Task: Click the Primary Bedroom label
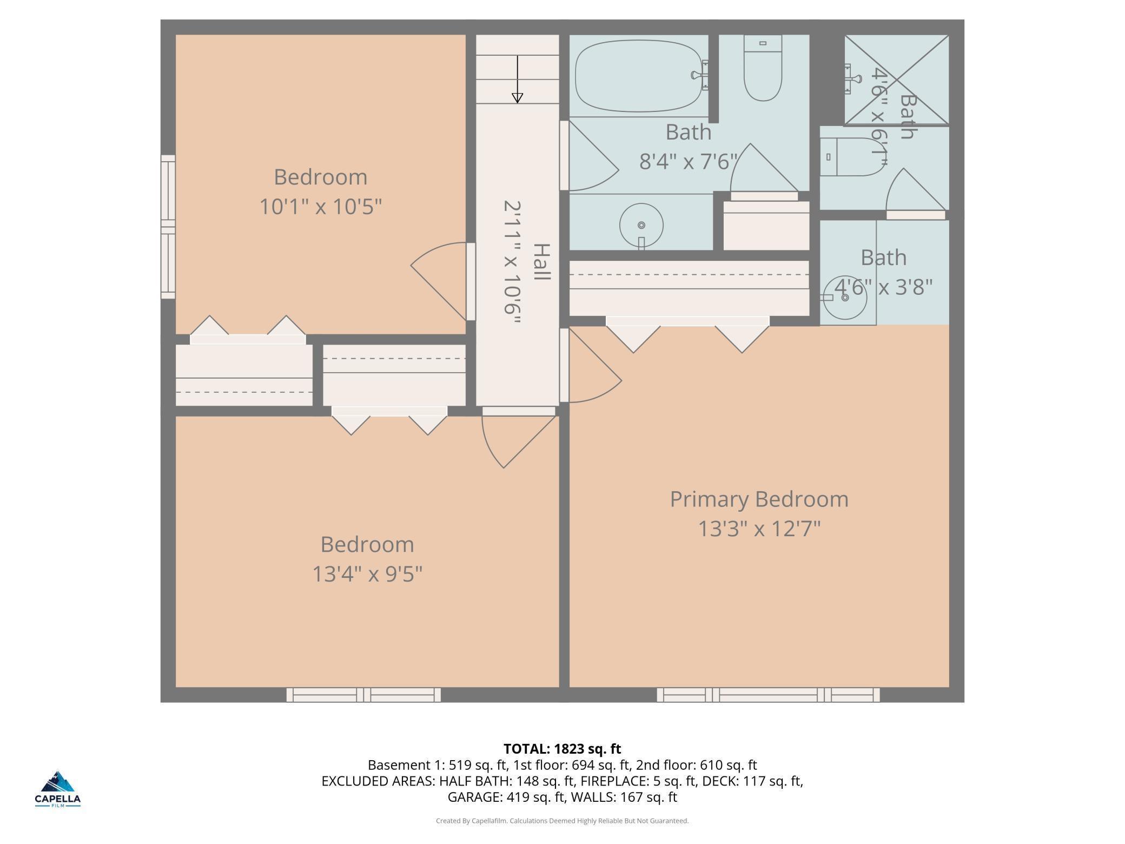[x=759, y=499]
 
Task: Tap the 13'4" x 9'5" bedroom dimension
[x=367, y=573]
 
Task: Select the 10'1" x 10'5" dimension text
[x=321, y=207]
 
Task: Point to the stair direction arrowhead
[x=518, y=98]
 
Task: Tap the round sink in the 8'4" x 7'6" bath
[x=641, y=226]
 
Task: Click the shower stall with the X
[x=897, y=80]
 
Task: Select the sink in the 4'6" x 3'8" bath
[x=845, y=298]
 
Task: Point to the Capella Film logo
[x=58, y=789]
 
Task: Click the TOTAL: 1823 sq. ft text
[x=562, y=749]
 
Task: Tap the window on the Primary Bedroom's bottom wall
[x=768, y=695]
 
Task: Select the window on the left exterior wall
[x=168, y=227]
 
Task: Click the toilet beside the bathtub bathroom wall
[x=763, y=68]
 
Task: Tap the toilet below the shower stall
[x=852, y=157]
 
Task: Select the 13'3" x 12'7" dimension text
[x=759, y=529]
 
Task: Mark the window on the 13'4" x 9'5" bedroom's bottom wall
[x=363, y=695]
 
